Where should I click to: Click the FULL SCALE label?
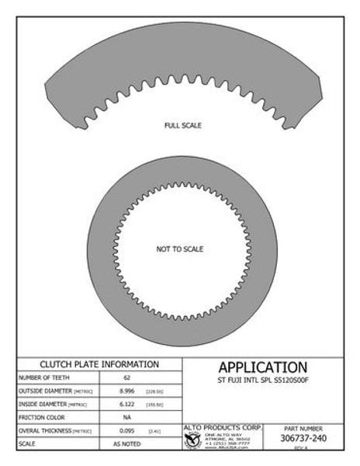tap(183, 125)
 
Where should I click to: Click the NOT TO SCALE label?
tap(180, 249)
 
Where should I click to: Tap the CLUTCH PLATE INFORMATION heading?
tap(99, 364)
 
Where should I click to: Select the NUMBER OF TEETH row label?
tap(43, 377)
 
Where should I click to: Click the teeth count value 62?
tap(126, 377)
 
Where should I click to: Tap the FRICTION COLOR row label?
tap(40, 417)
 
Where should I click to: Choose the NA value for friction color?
tap(126, 417)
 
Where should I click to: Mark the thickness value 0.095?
tap(126, 430)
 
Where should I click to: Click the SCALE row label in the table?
tap(27, 443)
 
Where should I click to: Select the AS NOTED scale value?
tap(126, 443)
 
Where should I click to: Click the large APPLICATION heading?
tap(262, 367)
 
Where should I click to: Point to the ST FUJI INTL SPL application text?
tap(262, 381)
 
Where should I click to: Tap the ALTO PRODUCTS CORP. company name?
tap(223, 428)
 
